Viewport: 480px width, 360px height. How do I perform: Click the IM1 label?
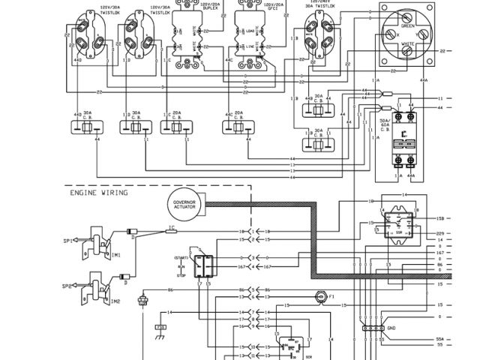click(115, 255)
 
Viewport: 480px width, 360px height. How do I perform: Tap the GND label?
click(391, 328)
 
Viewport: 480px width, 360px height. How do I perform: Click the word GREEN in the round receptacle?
click(408, 25)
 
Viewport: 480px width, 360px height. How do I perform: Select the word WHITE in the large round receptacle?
click(407, 43)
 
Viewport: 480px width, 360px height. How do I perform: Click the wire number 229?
click(439, 233)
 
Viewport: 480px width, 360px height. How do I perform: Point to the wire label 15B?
click(439, 218)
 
